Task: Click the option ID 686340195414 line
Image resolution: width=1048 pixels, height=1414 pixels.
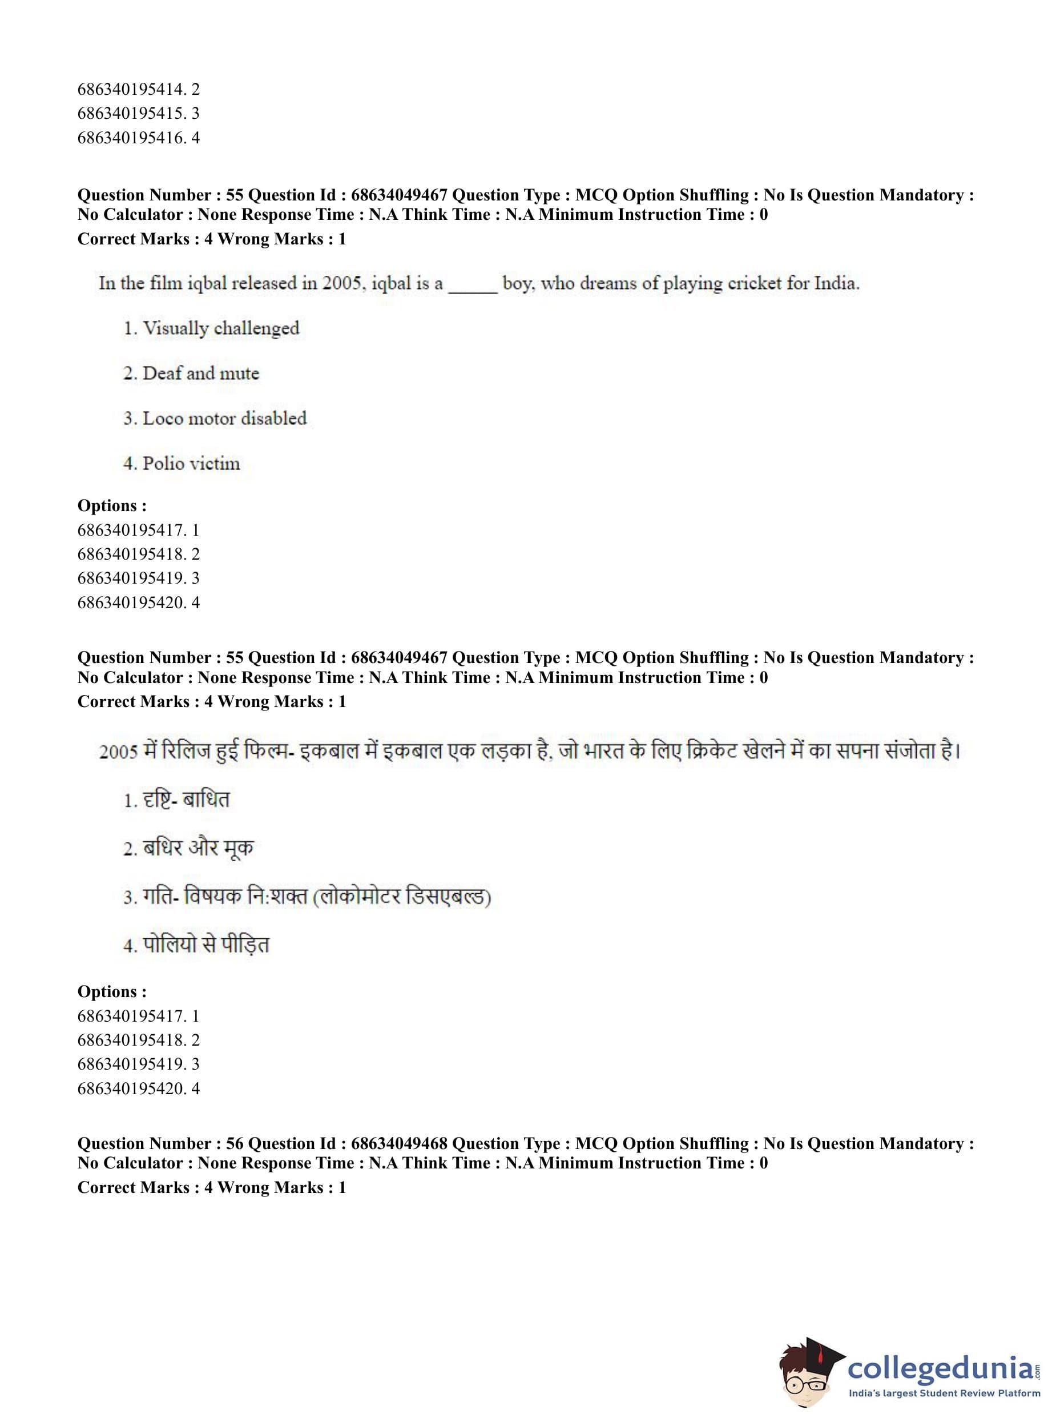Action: click(138, 90)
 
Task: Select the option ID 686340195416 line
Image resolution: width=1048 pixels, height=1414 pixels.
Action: click(138, 138)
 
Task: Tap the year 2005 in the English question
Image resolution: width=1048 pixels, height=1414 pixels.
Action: click(343, 283)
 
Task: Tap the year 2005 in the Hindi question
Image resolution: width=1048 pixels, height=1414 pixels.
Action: click(119, 752)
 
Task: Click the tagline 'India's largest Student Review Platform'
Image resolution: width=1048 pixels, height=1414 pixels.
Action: click(944, 1393)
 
